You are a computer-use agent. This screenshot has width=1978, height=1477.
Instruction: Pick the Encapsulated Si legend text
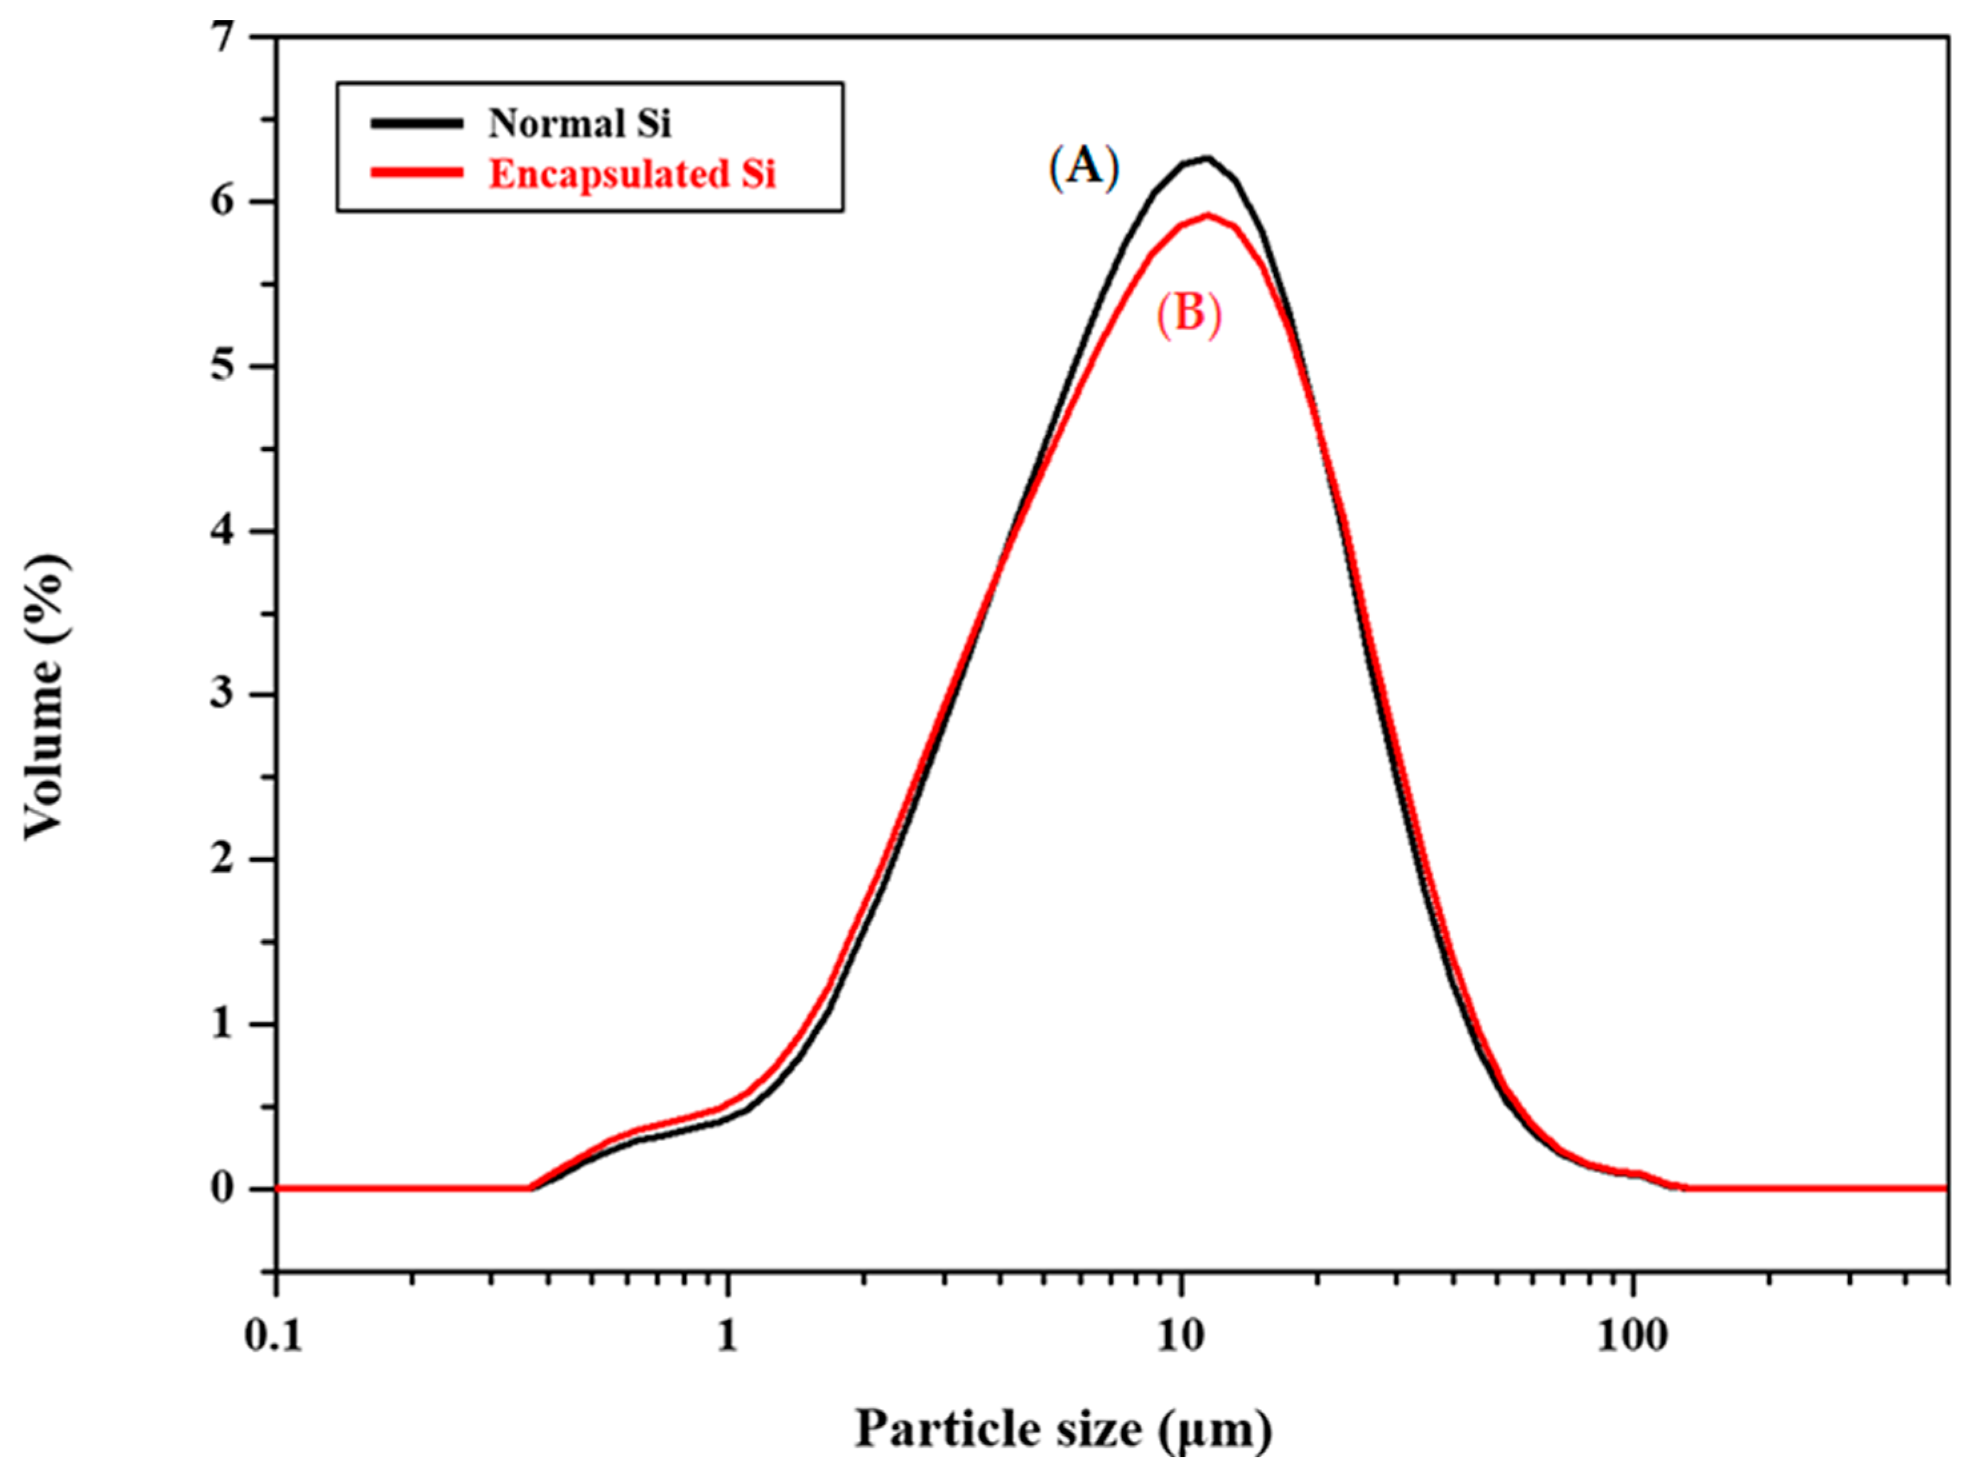pos(632,175)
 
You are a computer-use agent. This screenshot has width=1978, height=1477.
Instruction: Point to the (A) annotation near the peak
pos(1084,167)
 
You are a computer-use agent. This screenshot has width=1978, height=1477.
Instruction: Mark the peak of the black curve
pos(1207,159)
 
